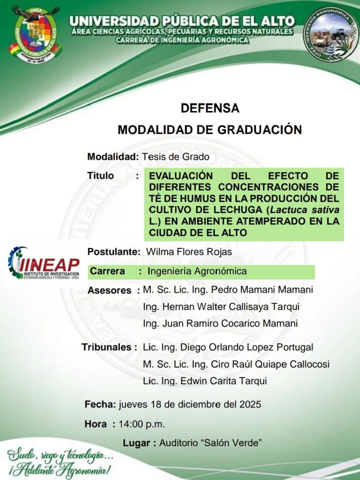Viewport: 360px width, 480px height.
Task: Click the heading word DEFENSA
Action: point(210,109)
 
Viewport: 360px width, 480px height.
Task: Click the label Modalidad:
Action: point(113,157)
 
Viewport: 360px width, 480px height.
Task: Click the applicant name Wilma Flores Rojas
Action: point(189,252)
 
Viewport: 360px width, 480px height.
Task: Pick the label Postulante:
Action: point(114,252)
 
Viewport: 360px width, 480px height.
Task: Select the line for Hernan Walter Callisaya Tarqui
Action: point(221,307)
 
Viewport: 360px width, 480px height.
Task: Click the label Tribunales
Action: point(107,347)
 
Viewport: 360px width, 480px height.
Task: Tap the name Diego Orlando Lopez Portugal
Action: point(247,347)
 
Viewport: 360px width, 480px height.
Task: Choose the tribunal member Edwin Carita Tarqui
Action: point(224,381)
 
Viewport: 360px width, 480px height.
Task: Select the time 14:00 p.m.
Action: point(142,424)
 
